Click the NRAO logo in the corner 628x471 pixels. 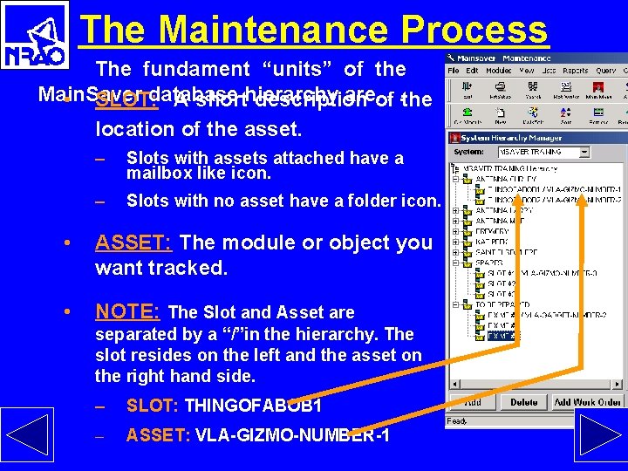[x=35, y=35]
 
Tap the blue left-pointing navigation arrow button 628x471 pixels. [x=27, y=434]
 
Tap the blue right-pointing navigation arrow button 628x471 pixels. [x=600, y=434]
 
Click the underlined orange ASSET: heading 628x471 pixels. [x=133, y=242]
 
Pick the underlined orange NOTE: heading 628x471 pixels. [x=127, y=311]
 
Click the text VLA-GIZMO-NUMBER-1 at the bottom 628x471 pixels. [x=292, y=435]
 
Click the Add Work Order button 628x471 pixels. [x=587, y=402]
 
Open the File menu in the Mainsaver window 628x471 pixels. [x=453, y=71]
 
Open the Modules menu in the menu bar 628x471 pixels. [x=498, y=71]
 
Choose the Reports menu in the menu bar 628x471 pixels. [x=575, y=71]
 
